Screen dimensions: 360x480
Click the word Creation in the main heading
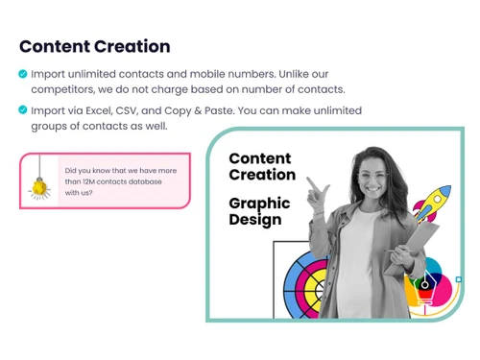[x=132, y=46]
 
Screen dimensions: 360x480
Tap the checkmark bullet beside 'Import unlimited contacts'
[x=23, y=73]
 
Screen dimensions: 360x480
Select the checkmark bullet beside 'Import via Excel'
[x=23, y=109]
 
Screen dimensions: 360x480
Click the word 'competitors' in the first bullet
[x=60, y=89]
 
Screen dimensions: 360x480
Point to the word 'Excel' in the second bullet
[x=100, y=110]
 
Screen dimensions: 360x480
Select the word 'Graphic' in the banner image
[x=259, y=204]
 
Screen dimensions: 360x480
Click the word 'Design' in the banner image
[x=254, y=220]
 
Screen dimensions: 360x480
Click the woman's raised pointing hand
[x=312, y=190]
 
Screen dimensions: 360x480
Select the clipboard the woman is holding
[x=422, y=240]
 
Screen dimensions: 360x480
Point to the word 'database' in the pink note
[x=144, y=181]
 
